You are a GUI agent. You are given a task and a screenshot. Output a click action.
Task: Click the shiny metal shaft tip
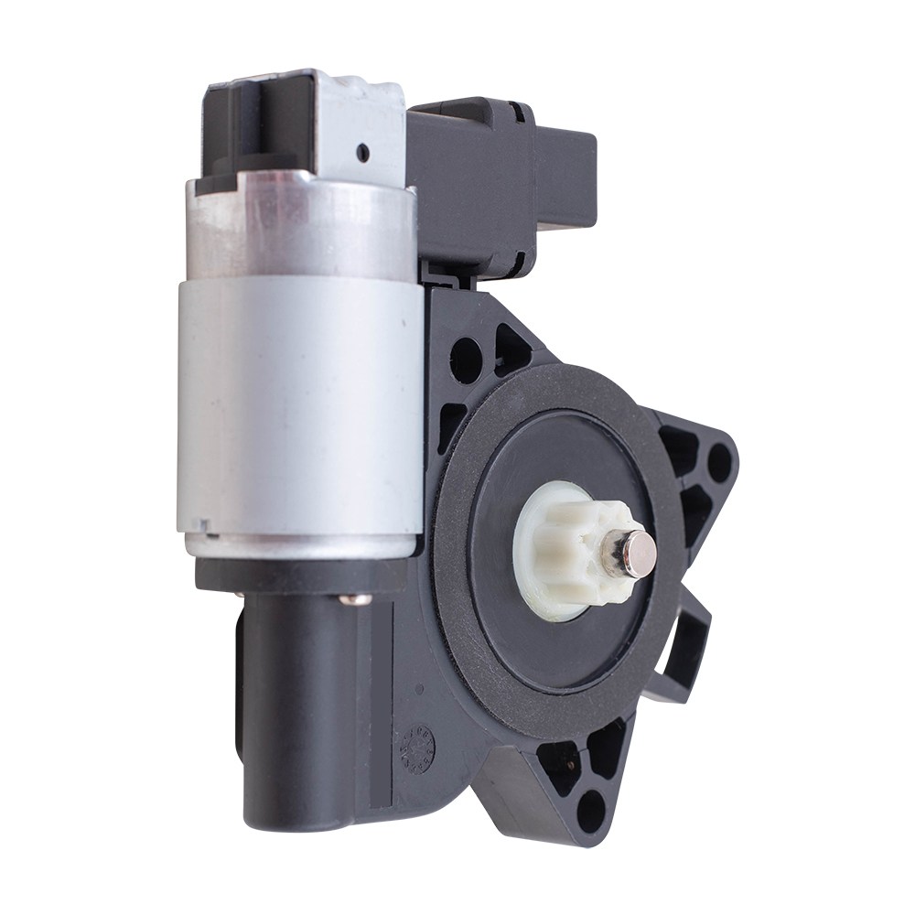(x=639, y=554)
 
